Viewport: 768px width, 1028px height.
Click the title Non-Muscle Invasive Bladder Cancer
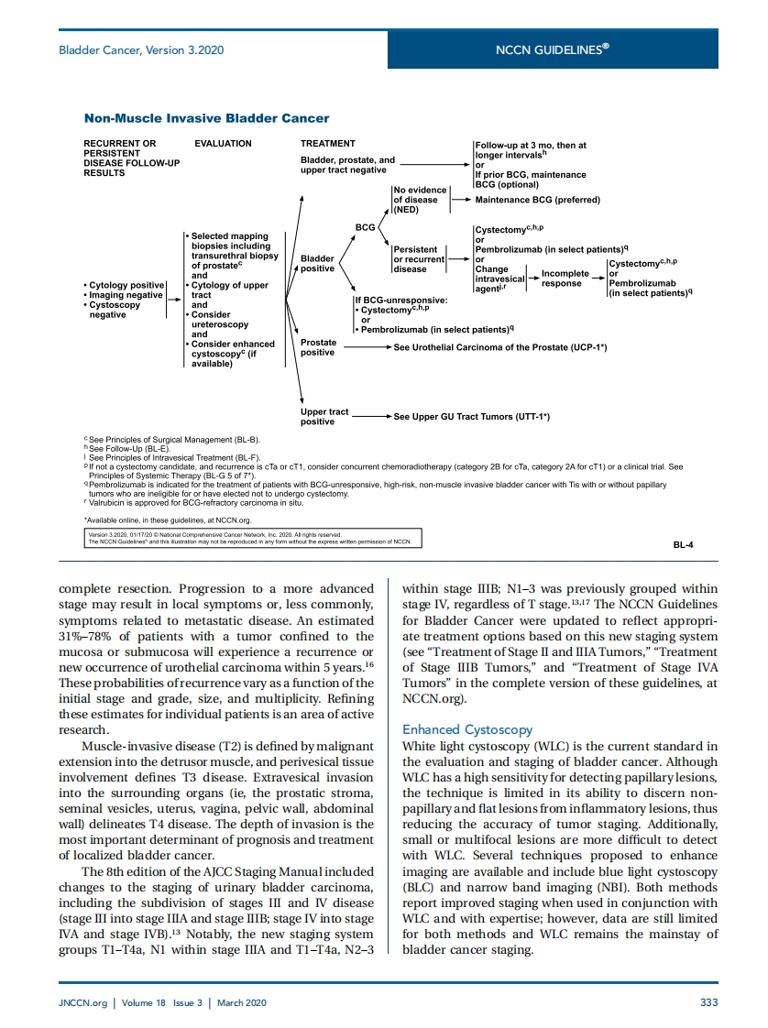point(206,118)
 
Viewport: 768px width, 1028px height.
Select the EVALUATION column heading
point(223,144)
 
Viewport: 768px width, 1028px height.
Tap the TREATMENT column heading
point(327,144)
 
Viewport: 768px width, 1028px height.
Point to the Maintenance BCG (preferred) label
point(537,200)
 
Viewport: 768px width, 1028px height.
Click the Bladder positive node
point(317,264)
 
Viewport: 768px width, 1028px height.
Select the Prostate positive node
point(318,347)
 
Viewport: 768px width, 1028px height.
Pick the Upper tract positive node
point(324,417)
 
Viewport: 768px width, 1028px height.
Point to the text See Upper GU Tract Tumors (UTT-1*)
point(471,417)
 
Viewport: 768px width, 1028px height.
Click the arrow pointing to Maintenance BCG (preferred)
point(458,200)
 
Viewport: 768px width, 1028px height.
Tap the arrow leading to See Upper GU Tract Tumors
point(371,417)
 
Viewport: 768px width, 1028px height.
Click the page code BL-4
point(683,544)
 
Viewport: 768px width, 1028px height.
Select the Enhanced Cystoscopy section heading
point(467,729)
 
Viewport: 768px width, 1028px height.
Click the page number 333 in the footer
point(708,1002)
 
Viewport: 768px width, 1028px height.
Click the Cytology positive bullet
point(126,285)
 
